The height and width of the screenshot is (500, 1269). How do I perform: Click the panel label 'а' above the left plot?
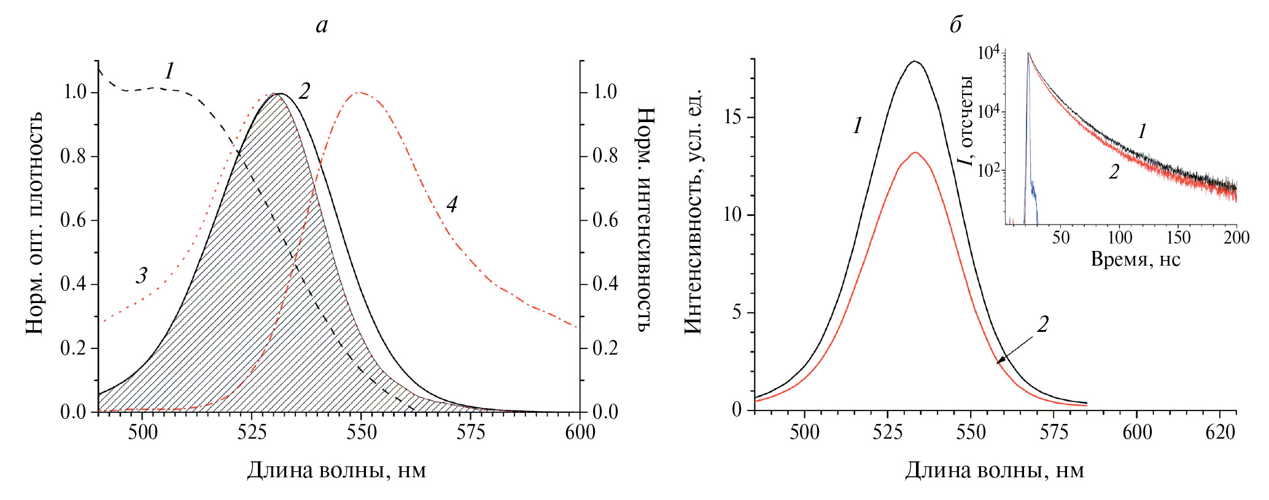(322, 25)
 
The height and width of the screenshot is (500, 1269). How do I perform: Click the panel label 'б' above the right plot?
(955, 25)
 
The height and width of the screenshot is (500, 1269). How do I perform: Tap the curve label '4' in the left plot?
(452, 204)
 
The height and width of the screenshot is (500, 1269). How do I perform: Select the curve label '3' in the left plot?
(142, 275)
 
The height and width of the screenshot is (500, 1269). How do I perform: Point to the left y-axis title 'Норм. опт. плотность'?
(35, 223)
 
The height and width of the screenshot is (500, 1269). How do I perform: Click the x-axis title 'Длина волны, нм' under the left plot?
(336, 471)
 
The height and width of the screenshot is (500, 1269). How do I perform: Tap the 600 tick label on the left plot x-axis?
(580, 433)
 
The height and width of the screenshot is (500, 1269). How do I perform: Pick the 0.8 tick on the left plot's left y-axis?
(73, 156)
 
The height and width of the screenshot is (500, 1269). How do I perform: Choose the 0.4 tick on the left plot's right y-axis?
(605, 284)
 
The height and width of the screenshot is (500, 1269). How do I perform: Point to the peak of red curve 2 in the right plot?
(915, 152)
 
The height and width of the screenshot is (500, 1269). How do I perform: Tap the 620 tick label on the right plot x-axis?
(1220, 433)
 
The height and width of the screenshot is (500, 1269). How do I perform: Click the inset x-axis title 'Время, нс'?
(1135, 259)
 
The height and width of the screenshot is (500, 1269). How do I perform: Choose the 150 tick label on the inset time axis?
(1178, 238)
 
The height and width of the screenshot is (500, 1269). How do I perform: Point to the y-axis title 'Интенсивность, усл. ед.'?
(693, 212)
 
